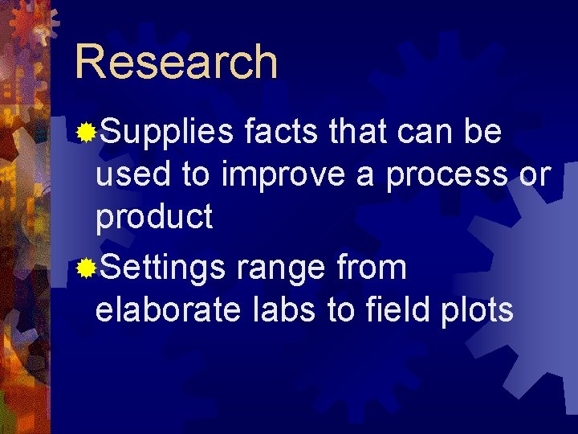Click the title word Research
pos(176,62)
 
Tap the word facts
pos(283,133)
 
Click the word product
pos(153,217)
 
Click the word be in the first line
pos(483,133)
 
